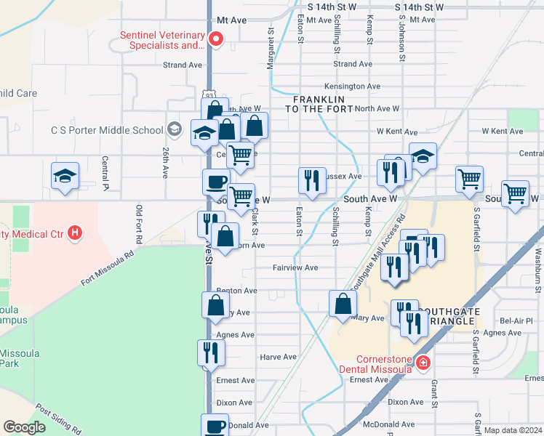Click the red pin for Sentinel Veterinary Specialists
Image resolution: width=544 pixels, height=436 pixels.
pyautogui.click(x=215, y=39)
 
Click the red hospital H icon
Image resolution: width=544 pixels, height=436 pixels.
pyautogui.click(x=74, y=233)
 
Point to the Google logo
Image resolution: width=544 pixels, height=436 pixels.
pyautogui.click(x=24, y=427)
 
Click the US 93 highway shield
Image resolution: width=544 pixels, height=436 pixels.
pyautogui.click(x=209, y=96)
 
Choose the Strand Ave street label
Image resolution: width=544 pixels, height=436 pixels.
pyautogui.click(x=183, y=65)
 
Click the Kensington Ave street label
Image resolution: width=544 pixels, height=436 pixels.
pyautogui.click(x=353, y=86)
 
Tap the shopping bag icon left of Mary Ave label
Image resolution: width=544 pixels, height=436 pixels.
pyautogui.click(x=343, y=304)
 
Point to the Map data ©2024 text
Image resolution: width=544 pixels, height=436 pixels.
pyautogui.click(x=512, y=429)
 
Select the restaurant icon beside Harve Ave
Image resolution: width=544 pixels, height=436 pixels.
pyautogui.click(x=211, y=352)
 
